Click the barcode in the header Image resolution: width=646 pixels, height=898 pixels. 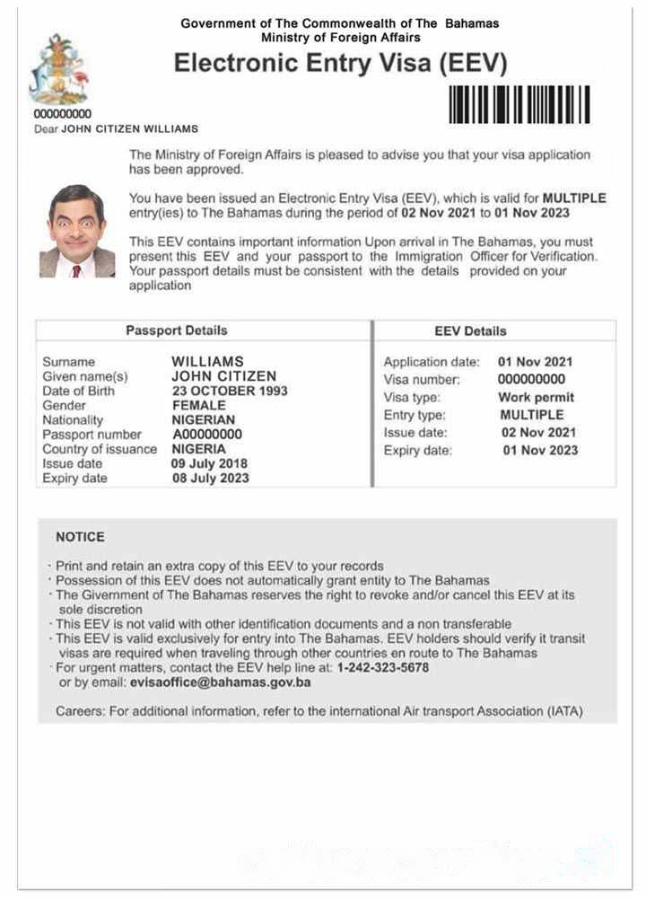point(519,104)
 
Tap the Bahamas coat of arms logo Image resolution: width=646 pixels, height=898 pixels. point(58,70)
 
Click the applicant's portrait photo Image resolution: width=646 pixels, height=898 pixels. point(76,231)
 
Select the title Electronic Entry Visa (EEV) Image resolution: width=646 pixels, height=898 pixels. point(340,64)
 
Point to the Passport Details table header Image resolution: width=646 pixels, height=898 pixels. point(176,330)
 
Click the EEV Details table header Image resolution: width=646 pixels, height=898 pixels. point(470,330)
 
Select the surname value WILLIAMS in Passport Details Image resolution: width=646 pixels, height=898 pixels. point(207,362)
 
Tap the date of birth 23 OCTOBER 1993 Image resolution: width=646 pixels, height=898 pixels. point(230,392)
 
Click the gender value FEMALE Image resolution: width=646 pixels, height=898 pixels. point(198,406)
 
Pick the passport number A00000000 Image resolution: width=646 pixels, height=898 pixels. point(206,435)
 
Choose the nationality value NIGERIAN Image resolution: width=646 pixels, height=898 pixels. point(204,420)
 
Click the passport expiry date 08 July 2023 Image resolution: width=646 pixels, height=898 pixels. point(210,479)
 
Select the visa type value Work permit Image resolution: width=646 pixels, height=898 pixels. point(536,398)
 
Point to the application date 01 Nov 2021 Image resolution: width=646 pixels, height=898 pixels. point(535,362)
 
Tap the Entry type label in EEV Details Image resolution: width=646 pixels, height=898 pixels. point(415,416)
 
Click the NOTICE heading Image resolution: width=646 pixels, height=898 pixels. point(80,537)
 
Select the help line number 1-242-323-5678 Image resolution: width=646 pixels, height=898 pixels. point(382,668)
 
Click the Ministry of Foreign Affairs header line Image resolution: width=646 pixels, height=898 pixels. point(340,38)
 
